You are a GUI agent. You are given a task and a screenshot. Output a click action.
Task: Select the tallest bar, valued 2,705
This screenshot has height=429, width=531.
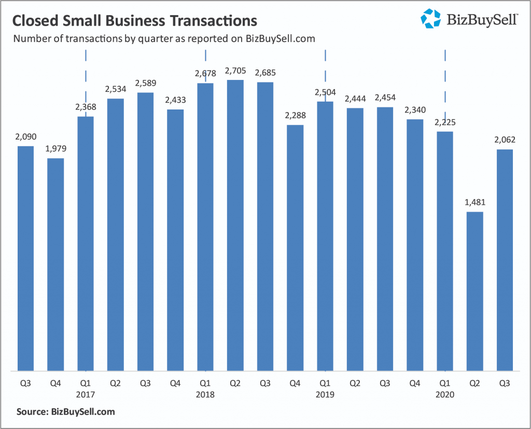(235, 225)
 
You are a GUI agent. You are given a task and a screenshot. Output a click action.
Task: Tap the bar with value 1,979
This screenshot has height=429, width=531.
(55, 265)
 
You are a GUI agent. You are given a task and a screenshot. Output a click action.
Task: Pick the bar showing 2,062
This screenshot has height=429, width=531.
(505, 260)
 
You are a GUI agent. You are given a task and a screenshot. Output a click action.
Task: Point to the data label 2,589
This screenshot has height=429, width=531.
(146, 83)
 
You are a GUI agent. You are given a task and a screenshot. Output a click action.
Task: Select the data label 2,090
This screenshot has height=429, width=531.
(26, 137)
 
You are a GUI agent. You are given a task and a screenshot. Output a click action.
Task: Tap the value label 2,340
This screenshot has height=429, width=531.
(415, 110)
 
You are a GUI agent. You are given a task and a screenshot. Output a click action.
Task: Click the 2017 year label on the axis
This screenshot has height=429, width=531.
(86, 394)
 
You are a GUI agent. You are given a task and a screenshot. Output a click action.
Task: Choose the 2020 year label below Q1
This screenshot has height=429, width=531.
(445, 394)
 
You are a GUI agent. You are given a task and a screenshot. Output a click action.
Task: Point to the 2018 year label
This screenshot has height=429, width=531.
(206, 394)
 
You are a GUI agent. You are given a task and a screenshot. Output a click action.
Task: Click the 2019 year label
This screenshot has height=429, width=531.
(325, 394)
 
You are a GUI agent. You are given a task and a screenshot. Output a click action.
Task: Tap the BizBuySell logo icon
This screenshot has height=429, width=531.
(430, 18)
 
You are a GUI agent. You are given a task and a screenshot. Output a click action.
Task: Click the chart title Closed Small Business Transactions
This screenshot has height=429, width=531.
(134, 21)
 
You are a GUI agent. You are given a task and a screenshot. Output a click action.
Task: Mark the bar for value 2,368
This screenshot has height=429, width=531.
(86, 244)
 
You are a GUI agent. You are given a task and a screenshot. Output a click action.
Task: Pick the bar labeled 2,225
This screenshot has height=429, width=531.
(445, 251)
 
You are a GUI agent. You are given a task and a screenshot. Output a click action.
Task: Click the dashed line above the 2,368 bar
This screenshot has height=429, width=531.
(86, 78)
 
